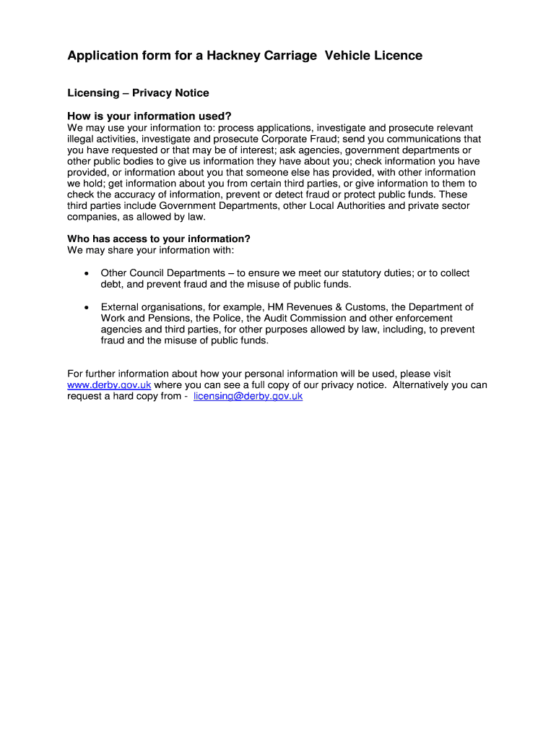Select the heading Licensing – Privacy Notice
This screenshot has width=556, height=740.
pos(138,93)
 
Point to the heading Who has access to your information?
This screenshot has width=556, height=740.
pos(158,239)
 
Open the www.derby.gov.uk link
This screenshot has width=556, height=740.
pos(109,385)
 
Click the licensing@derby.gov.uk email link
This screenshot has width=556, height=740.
pos(248,397)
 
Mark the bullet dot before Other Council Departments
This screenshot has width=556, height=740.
pos(86,274)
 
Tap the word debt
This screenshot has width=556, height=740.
pos(112,285)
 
